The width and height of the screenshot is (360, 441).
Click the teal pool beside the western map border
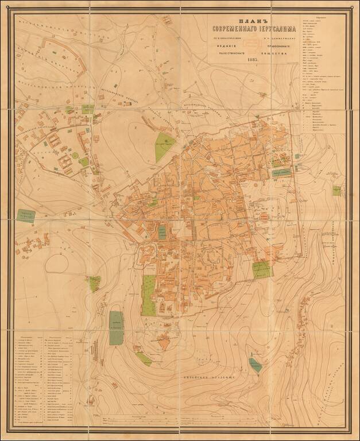point(26,215)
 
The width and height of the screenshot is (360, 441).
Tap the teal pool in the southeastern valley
point(255,363)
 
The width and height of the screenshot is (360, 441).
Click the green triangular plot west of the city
point(94,283)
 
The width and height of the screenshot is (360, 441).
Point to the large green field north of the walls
point(164,146)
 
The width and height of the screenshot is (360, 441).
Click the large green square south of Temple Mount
point(262,269)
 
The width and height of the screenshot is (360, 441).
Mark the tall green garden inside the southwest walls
point(148,295)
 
